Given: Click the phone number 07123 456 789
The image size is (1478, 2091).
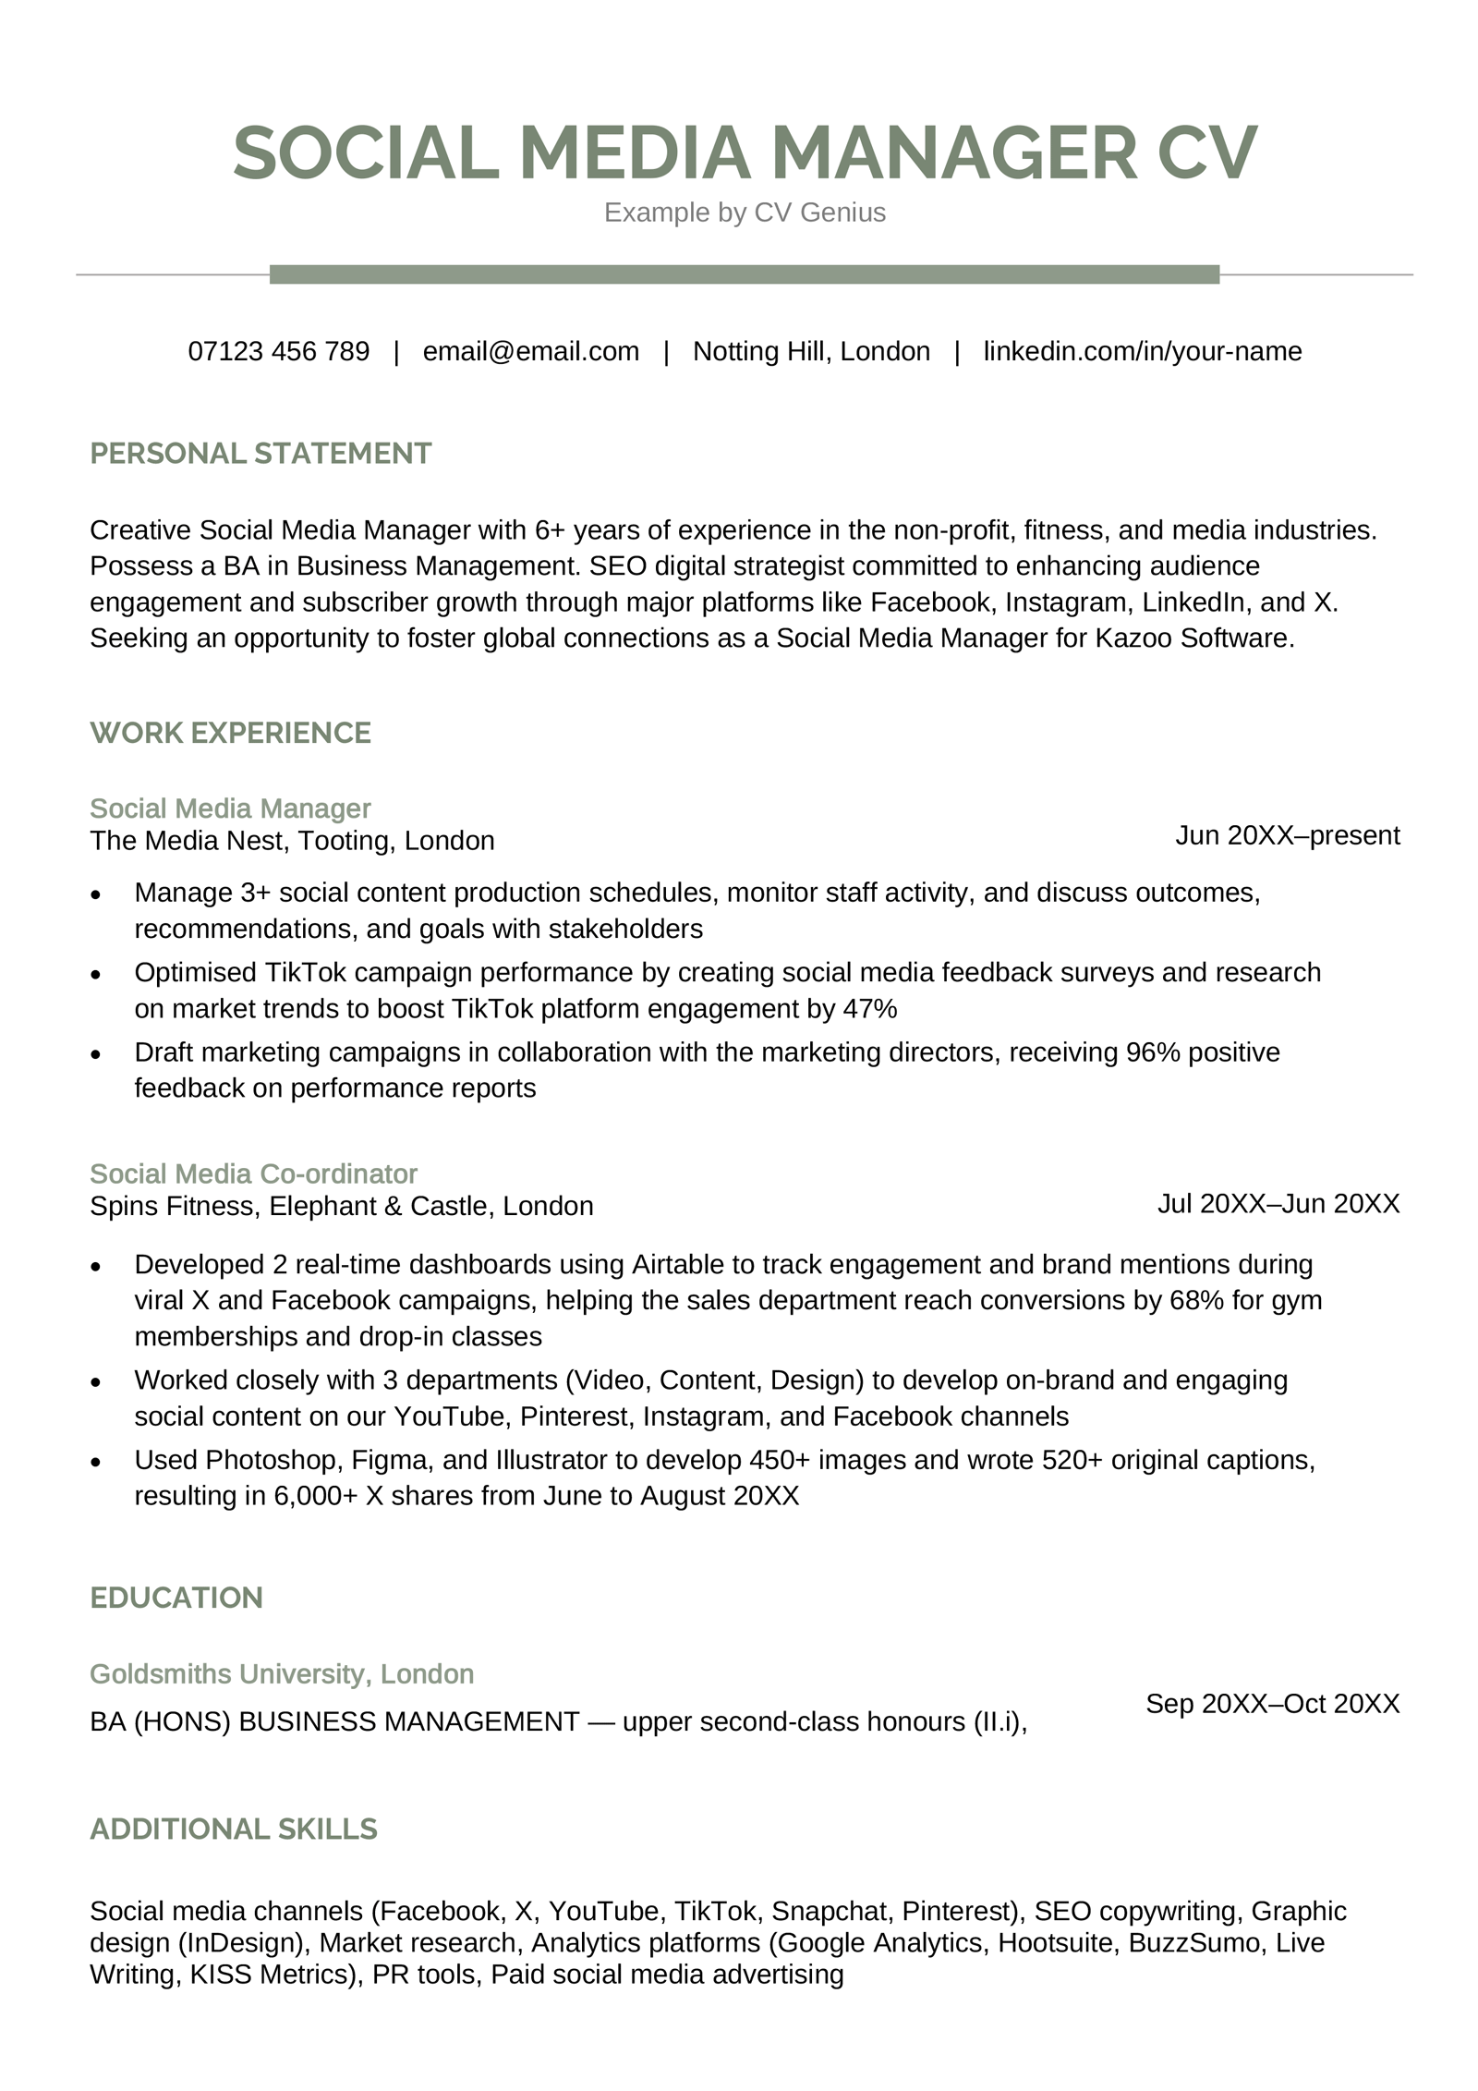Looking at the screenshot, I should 278,351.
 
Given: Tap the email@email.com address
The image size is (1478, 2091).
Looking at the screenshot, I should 530,351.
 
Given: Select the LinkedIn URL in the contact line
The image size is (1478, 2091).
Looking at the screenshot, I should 1142,351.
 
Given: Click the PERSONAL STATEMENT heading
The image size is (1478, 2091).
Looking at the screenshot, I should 260,454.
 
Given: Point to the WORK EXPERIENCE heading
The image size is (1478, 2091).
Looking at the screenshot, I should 230,733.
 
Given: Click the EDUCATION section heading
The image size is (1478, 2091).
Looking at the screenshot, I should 176,1598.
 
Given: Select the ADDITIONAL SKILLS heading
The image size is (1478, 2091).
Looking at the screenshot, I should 234,1829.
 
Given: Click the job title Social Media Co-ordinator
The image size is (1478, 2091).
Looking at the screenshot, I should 253,1173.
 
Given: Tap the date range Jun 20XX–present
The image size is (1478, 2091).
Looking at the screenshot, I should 1287,835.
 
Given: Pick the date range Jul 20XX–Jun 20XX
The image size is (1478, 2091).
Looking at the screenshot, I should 1278,1203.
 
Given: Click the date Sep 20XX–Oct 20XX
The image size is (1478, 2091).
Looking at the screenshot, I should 1272,1703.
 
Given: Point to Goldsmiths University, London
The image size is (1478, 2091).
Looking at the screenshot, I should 281,1673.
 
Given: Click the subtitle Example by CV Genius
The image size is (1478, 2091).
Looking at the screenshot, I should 745,213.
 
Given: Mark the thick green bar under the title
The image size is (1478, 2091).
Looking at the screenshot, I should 745,274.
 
